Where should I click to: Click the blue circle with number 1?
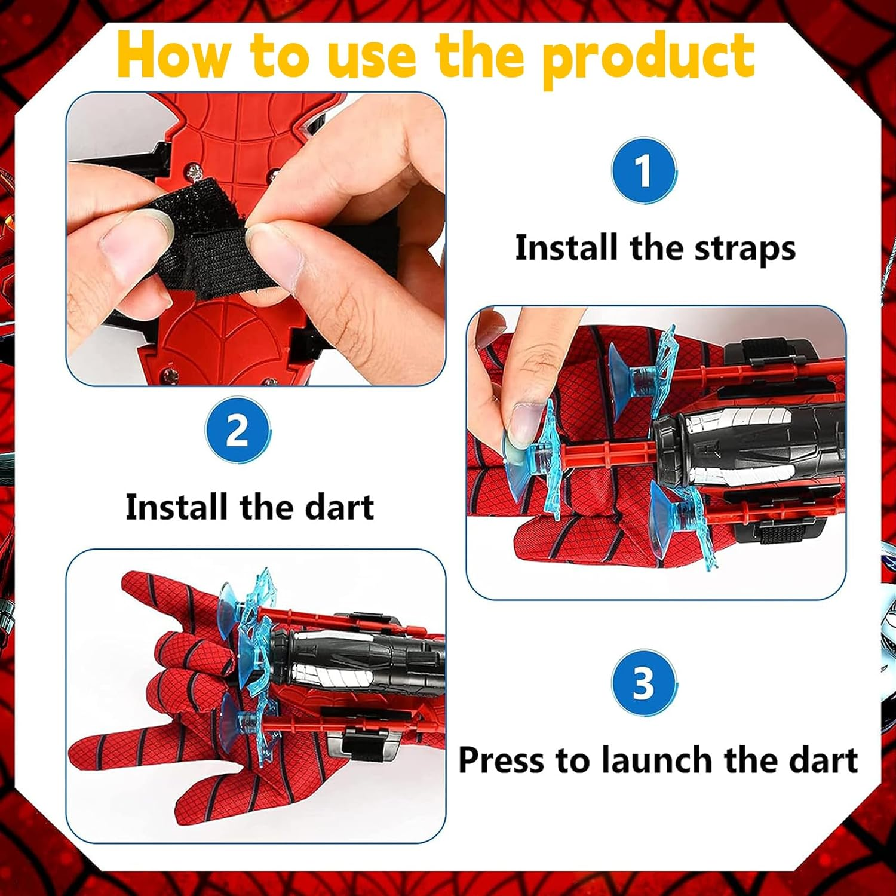643,171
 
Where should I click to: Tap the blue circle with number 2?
237,431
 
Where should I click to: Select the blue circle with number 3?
643,684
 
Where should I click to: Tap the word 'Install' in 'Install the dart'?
177,507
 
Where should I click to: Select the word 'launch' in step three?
659,760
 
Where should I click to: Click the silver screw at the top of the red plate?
193,173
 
